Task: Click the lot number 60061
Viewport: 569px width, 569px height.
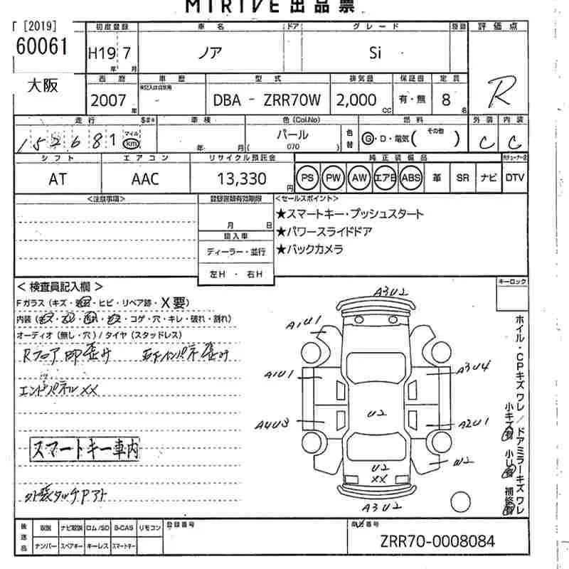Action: click(x=41, y=46)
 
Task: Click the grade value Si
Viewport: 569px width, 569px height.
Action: click(x=378, y=53)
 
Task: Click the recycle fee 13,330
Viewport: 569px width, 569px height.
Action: click(x=242, y=179)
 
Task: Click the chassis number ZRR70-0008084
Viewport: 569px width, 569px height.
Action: click(x=436, y=541)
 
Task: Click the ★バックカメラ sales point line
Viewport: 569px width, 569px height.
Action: click(x=310, y=249)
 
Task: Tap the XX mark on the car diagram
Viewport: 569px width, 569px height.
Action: click(x=380, y=479)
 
